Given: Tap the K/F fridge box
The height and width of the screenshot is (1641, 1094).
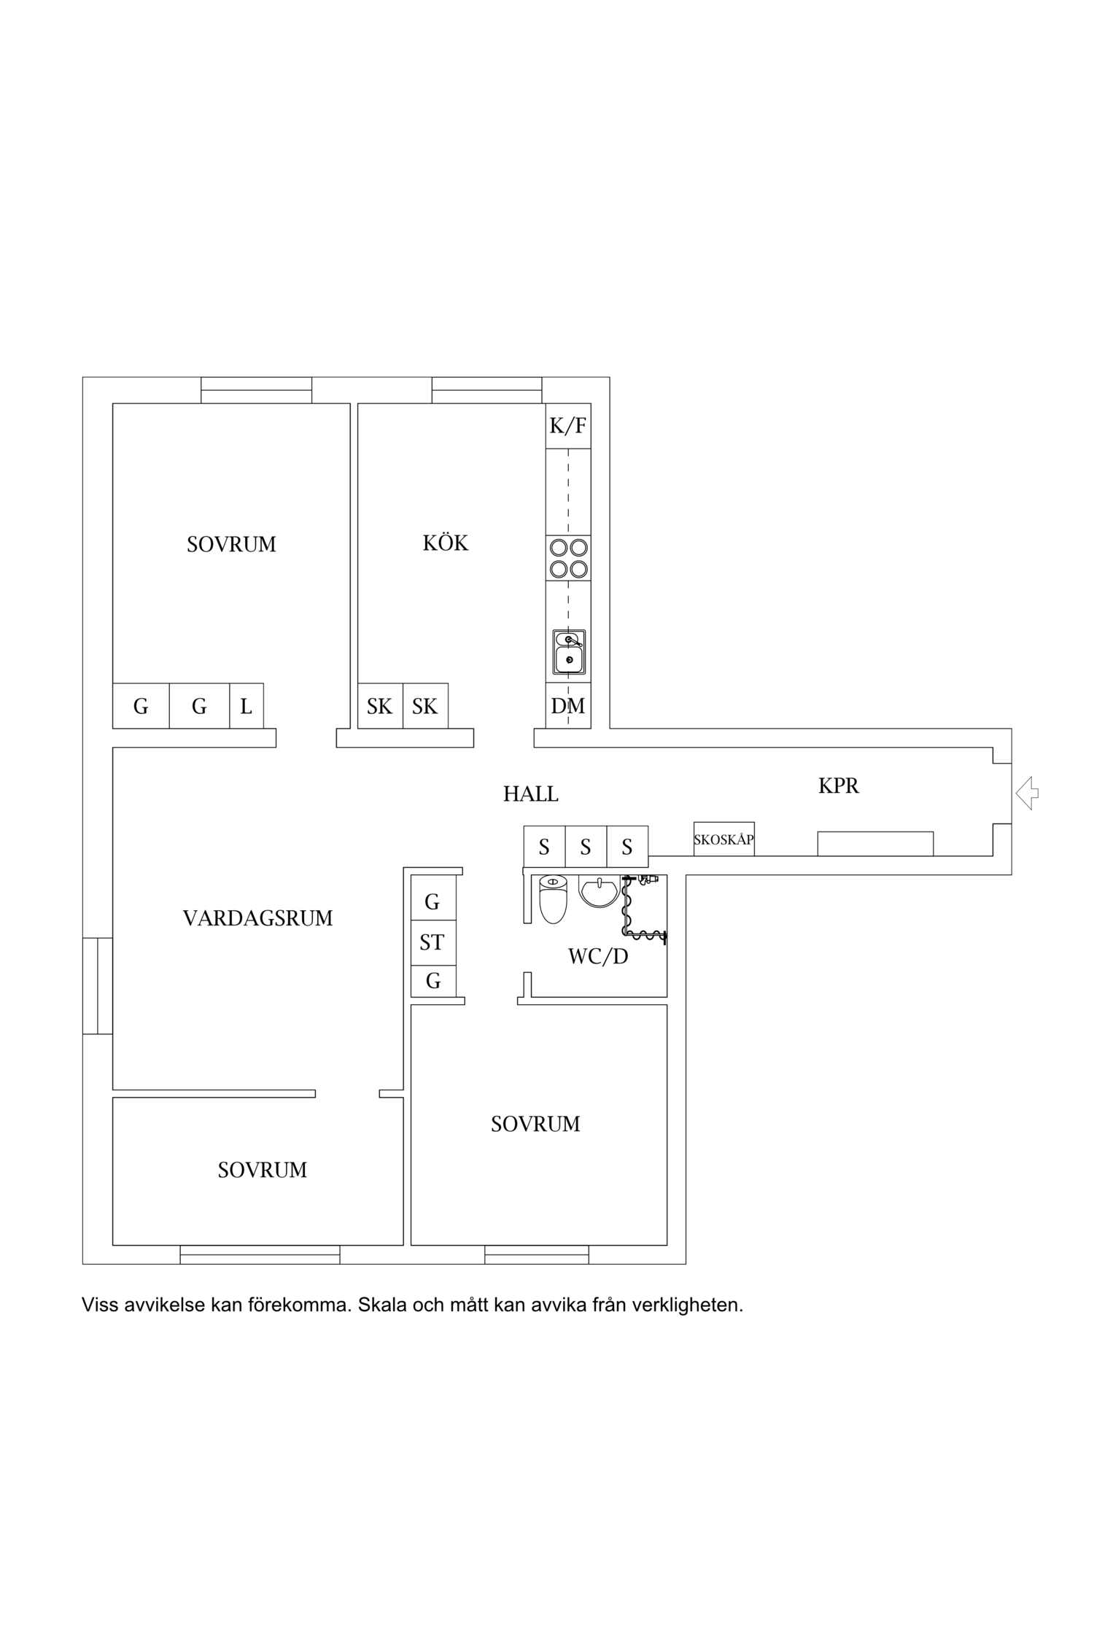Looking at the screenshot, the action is tap(568, 426).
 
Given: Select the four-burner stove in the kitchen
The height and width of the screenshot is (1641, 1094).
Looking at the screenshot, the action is tap(568, 558).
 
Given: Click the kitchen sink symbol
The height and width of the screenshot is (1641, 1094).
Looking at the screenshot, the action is tap(569, 652).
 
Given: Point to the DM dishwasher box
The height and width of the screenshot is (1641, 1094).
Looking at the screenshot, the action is tap(568, 705).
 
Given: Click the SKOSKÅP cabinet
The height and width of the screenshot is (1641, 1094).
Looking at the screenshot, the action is tap(723, 839).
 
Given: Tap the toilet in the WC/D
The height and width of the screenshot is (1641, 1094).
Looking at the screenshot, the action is tap(553, 899).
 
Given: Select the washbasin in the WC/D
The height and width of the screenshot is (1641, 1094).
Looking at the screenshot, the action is tap(599, 891).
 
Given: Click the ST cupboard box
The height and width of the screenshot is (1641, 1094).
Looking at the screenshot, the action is tap(433, 942).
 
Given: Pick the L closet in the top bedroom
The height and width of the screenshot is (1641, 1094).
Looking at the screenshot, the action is tap(247, 705).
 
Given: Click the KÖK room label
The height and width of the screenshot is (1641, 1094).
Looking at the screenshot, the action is tap(446, 543).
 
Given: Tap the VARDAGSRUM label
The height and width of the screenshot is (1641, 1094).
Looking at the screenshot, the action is tap(257, 918).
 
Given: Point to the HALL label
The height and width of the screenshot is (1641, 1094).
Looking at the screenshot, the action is tap(531, 794).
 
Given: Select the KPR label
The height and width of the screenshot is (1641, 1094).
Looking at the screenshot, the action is tap(839, 785).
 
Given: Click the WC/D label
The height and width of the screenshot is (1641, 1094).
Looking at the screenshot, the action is tap(598, 956).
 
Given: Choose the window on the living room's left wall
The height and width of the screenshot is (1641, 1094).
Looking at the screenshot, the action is tap(98, 986).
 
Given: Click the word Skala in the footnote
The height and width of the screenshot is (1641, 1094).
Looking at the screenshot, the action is tap(383, 1305).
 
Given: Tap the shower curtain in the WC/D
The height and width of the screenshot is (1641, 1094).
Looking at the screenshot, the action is tap(642, 908).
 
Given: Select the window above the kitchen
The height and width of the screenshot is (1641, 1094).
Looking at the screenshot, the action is tap(486, 390).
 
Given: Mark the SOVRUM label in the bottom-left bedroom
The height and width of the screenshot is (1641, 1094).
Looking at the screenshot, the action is tap(263, 1170).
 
